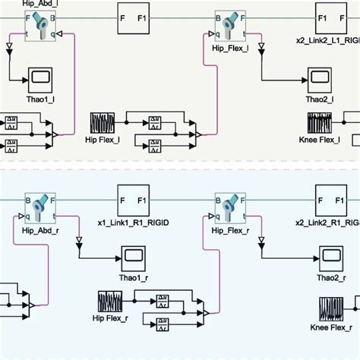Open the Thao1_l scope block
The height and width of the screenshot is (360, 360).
click(40, 77)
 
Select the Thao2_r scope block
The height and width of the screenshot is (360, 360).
click(329, 255)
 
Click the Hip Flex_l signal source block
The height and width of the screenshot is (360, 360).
click(102, 123)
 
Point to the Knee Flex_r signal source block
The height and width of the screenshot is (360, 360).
click(329, 310)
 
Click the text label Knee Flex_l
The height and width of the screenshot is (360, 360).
click(318, 141)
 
